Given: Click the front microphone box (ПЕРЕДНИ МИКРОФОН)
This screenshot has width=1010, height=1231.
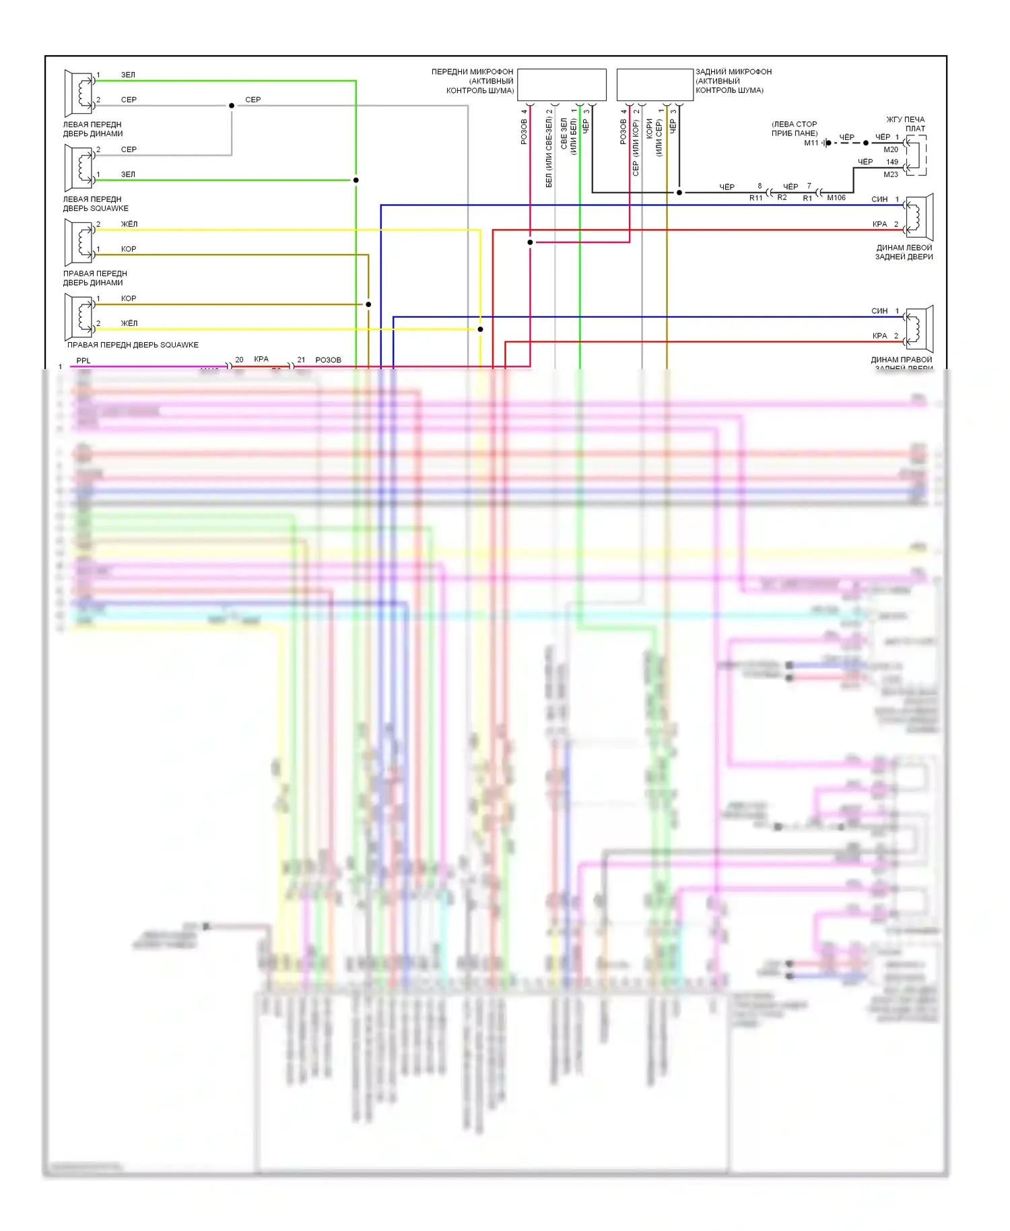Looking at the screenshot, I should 562,85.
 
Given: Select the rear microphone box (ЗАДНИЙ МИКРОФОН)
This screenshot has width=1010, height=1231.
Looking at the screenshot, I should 654,85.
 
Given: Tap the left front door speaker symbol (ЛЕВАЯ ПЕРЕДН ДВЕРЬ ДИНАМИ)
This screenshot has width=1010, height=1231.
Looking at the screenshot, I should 79,93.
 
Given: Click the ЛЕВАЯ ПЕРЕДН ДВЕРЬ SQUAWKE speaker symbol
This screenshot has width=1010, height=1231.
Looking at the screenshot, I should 79,168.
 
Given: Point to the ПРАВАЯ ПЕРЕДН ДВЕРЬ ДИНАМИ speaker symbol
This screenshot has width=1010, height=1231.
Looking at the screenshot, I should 79,242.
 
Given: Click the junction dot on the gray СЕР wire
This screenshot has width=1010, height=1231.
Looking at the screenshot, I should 232,106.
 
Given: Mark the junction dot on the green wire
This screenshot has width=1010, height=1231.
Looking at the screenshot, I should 356,180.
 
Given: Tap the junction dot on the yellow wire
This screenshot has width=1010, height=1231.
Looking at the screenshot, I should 480,329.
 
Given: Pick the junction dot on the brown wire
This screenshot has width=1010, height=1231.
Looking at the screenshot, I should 368,304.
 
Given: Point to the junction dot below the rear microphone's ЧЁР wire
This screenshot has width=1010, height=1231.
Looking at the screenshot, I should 679,193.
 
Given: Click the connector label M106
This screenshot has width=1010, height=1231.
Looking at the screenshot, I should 836,198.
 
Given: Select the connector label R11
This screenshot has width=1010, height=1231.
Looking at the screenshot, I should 755,199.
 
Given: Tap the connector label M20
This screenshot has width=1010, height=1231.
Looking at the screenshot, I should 890,149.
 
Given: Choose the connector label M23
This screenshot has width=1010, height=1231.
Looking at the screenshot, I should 890,174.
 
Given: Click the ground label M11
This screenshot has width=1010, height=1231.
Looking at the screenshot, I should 811,143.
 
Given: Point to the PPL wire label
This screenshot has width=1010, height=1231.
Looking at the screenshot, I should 83,361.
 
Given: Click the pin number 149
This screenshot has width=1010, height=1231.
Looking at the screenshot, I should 891,162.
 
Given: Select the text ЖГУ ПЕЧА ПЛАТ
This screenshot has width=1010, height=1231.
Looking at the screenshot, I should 906,124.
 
